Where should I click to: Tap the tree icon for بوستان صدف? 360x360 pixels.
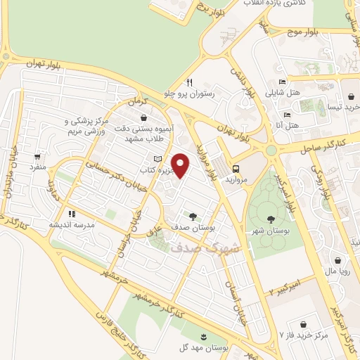pos(193,216)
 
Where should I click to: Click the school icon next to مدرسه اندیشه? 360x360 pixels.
pos(71,214)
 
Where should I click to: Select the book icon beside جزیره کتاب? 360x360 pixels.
pos(157,159)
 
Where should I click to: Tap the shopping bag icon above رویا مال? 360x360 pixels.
pos(339,259)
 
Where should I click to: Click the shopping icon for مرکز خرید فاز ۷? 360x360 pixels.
pos(303,325)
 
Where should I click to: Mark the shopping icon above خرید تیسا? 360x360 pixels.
pos(350,96)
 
